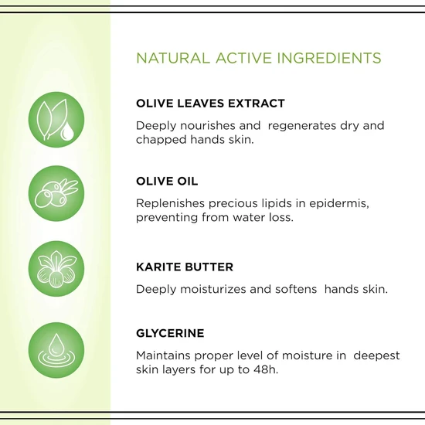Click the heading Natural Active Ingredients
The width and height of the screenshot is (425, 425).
(257, 58)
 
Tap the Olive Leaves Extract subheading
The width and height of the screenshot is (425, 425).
(210, 103)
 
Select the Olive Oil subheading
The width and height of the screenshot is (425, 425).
(167, 181)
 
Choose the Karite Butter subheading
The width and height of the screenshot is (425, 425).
(184, 267)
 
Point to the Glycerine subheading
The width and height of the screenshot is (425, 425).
(170, 333)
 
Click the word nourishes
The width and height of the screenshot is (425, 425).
(206, 125)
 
